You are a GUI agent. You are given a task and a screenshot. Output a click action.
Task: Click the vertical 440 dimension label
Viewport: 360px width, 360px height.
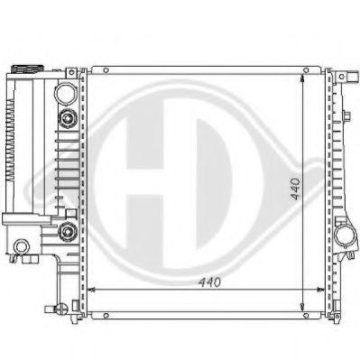(x=294, y=189)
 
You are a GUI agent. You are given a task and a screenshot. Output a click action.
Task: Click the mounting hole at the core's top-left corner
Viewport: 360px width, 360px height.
(x=106, y=69)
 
